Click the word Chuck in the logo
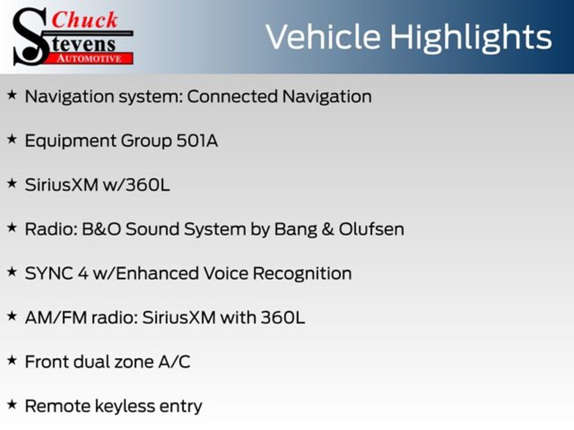click(85, 20)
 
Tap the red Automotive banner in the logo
click(89, 58)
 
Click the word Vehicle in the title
click(323, 37)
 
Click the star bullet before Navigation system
click(12, 95)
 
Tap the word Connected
click(233, 96)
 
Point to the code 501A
click(197, 141)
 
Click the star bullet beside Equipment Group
click(12, 139)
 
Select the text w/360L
click(137, 185)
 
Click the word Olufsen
click(371, 229)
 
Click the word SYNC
click(49, 273)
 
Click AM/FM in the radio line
click(56, 318)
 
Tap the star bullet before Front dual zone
click(12, 360)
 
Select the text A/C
click(174, 362)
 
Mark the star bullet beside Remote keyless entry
click(12, 404)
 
